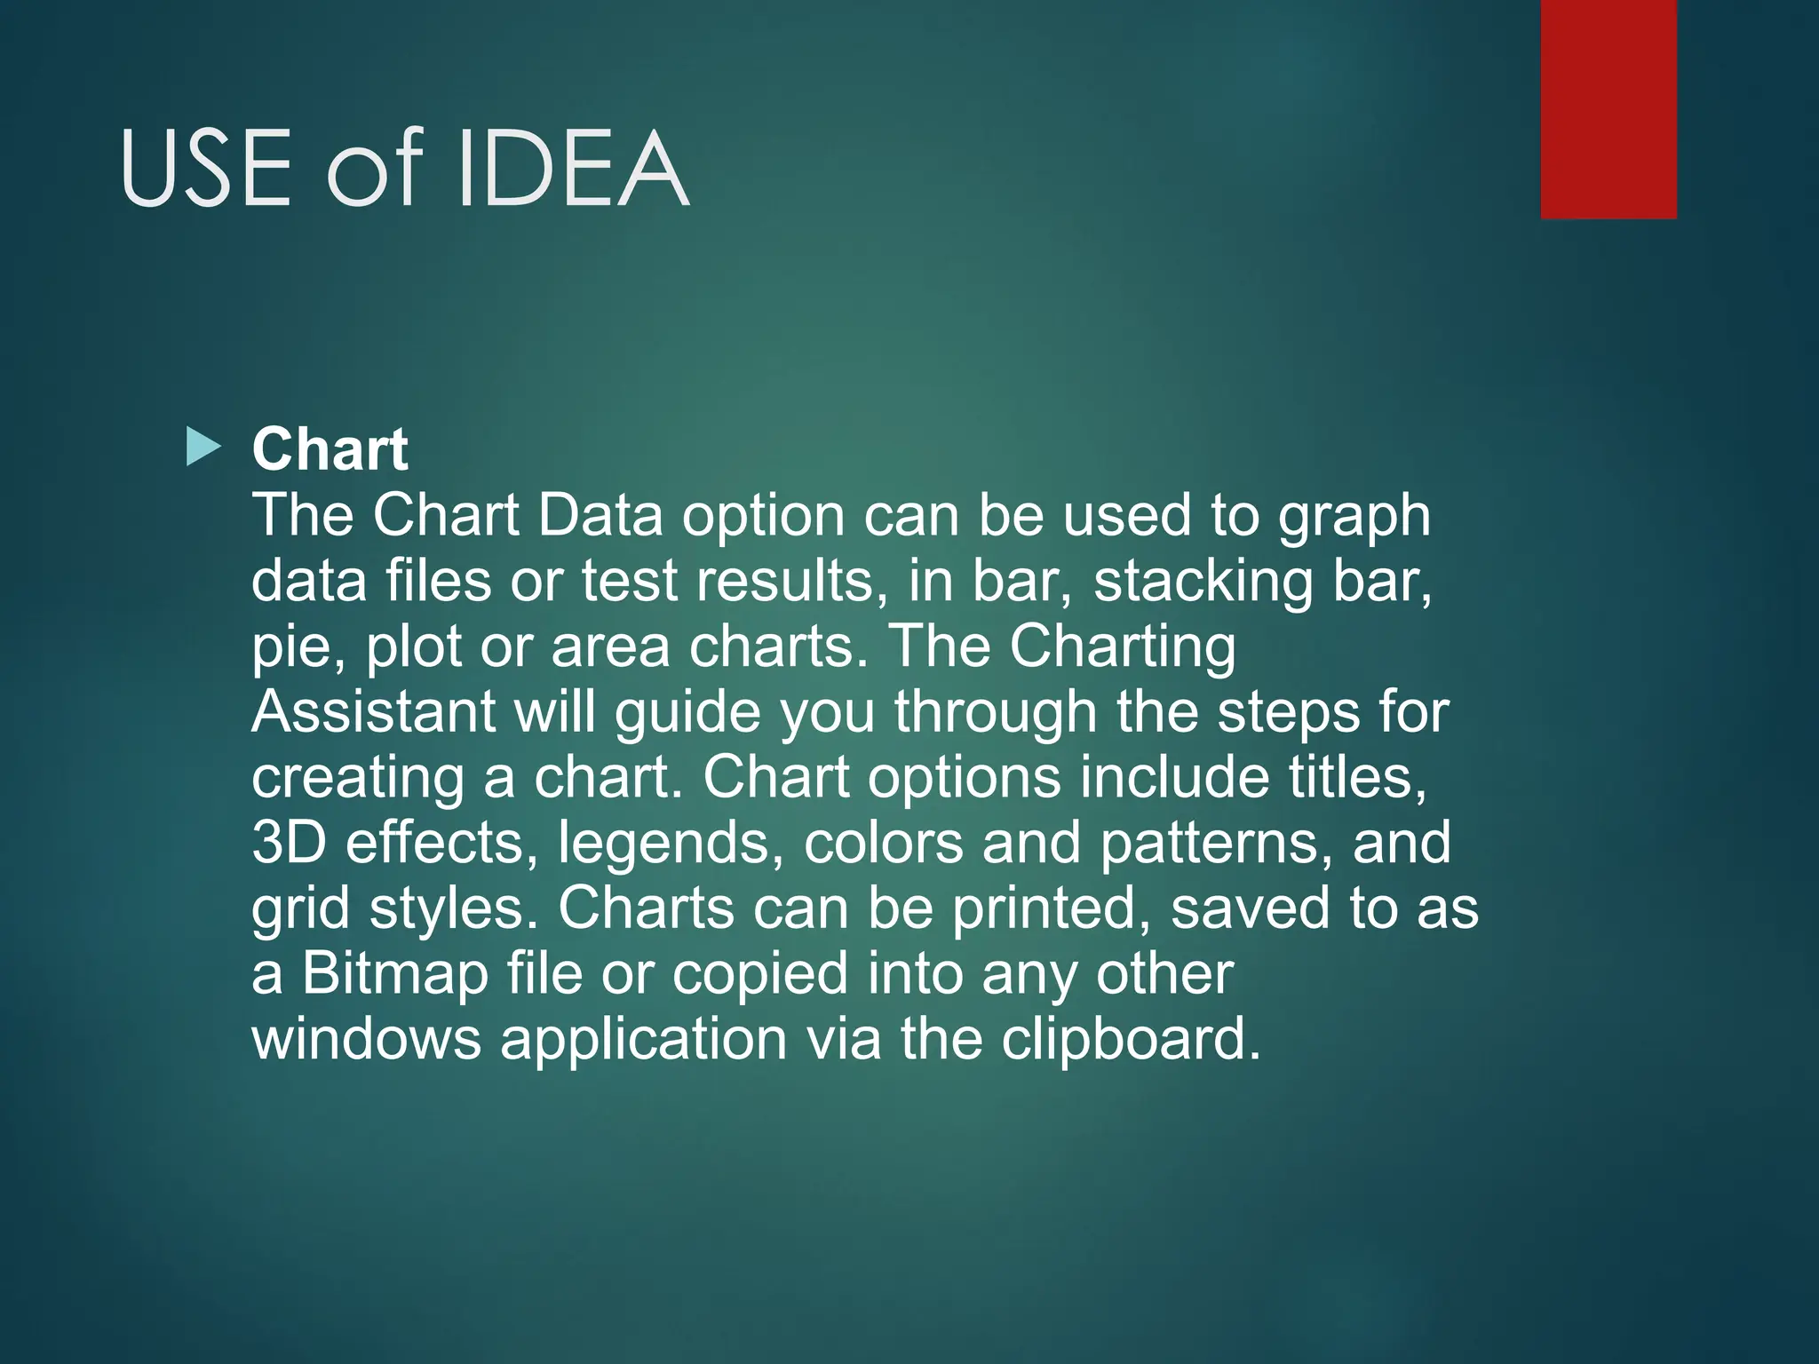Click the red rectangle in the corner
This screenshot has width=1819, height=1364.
[x=1609, y=108]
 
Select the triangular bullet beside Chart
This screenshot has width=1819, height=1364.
[x=203, y=448]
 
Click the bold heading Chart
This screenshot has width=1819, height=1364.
[x=330, y=449]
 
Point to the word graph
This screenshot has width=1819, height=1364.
[x=1354, y=517]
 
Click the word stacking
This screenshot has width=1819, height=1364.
[x=1203, y=583]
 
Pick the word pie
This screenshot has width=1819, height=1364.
[x=297, y=648]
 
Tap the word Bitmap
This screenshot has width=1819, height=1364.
[x=395, y=974]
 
